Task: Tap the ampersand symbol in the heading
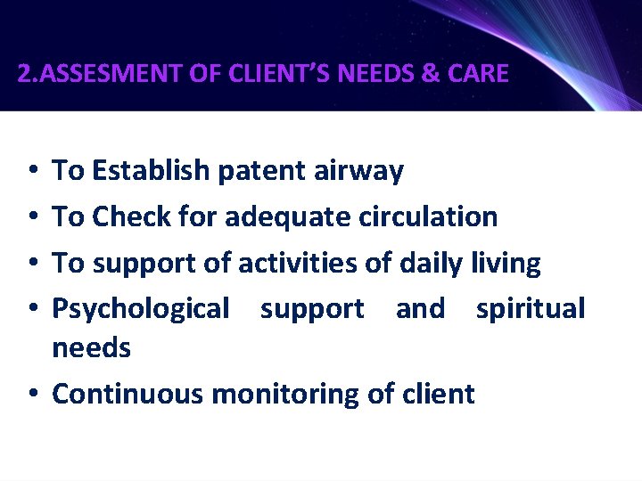coord(429,73)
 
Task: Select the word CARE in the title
coord(478,73)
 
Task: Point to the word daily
coord(432,264)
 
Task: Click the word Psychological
coord(141,309)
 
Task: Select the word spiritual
coord(531,309)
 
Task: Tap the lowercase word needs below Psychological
coord(92,347)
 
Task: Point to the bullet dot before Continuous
coord(32,394)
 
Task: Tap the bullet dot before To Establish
coord(32,170)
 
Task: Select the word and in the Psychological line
coord(420,308)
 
